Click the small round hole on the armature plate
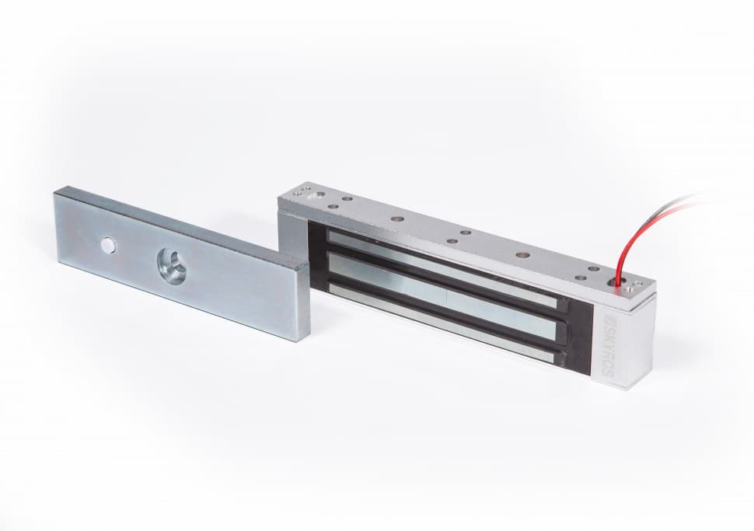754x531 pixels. (108, 246)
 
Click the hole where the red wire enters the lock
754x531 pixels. (614, 285)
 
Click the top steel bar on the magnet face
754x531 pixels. (442, 267)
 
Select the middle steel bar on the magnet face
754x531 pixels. (442, 295)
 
